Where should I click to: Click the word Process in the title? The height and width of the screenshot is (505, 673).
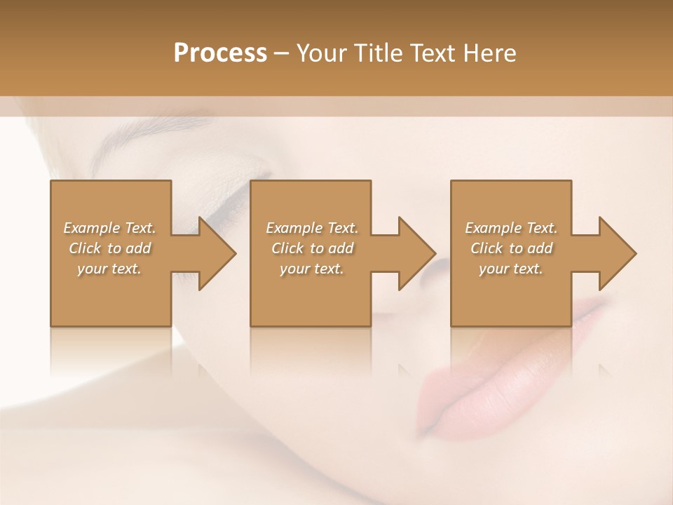[220, 53]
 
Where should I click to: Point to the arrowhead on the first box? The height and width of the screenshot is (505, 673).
[215, 254]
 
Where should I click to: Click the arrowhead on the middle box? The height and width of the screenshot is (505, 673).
[414, 254]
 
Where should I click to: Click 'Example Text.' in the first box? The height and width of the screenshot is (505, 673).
[109, 228]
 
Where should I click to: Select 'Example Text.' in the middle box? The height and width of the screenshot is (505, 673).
[312, 228]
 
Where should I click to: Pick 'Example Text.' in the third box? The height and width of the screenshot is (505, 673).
[511, 228]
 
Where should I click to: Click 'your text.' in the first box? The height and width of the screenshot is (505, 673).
[109, 269]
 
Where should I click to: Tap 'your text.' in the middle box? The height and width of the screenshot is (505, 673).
[312, 269]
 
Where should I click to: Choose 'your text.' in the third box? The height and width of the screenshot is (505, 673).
[511, 269]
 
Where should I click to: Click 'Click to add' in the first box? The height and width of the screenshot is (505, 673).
[109, 248]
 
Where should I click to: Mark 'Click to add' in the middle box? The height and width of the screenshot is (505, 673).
[312, 248]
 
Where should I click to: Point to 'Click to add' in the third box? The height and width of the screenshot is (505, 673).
[511, 248]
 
